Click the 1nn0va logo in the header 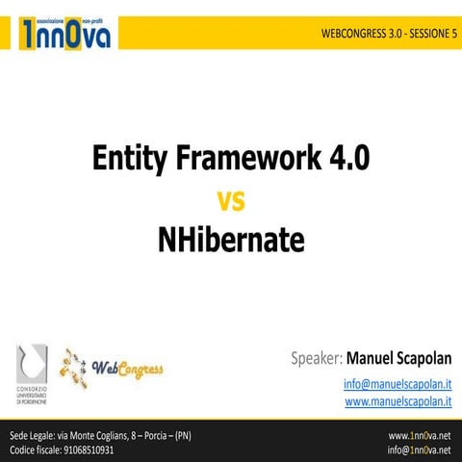64,32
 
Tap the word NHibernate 231,240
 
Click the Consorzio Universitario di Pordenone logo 32,369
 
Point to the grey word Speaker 316,358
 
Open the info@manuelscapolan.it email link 398,384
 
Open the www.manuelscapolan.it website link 398,400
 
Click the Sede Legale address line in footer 100,435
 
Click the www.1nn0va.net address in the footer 419,435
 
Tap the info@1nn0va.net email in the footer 419,449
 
